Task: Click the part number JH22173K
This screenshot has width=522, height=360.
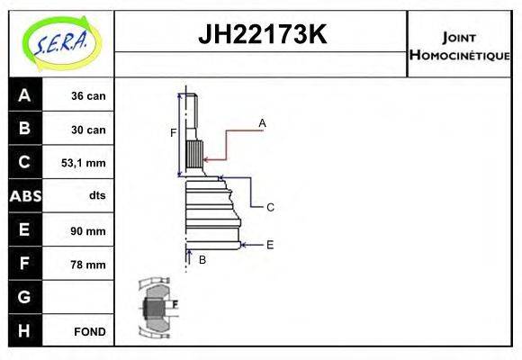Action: pyautogui.click(x=261, y=36)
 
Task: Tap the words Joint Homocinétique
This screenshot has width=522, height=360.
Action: pyautogui.click(x=459, y=46)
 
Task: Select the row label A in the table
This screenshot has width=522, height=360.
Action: pyautogui.click(x=24, y=95)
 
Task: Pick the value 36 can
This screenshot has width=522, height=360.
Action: pyautogui.click(x=89, y=95)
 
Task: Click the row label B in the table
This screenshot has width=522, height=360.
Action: pyautogui.click(x=24, y=129)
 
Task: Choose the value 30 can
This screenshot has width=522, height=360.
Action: pyautogui.click(x=89, y=130)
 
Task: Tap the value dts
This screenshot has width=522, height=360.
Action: pyautogui.click(x=96, y=196)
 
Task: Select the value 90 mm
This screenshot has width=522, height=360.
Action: pyautogui.click(x=89, y=230)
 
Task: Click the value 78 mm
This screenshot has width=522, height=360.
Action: pyautogui.click(x=89, y=265)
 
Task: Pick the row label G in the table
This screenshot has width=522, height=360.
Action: pyautogui.click(x=24, y=297)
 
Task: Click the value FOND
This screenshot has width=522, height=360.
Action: pyautogui.click(x=90, y=331)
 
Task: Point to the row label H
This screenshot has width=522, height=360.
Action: pyautogui.click(x=24, y=330)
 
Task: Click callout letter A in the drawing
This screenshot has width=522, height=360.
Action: pyautogui.click(x=262, y=122)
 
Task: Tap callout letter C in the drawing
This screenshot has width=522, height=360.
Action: pyautogui.click(x=269, y=207)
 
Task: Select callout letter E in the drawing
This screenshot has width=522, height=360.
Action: pyautogui.click(x=269, y=244)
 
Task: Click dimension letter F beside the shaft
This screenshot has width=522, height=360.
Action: pyautogui.click(x=173, y=133)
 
